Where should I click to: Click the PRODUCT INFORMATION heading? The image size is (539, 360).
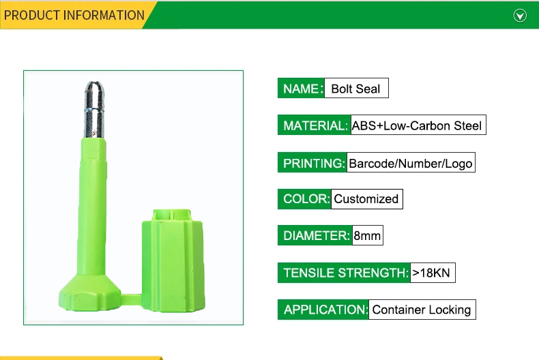tap(74, 16)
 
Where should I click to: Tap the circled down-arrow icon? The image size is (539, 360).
tap(520, 16)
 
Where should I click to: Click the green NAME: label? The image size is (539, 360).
tap(301, 88)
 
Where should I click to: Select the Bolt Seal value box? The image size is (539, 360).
tap(356, 88)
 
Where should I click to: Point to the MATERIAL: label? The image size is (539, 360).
tap(314, 125)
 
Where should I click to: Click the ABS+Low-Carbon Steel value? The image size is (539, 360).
tap(418, 125)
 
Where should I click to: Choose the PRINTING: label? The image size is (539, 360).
tap(312, 162)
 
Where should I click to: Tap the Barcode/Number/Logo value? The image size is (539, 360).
tap(411, 162)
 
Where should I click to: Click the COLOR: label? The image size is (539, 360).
tap(304, 199)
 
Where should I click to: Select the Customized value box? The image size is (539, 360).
tap(367, 199)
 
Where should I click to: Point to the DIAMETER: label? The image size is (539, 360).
tap(315, 236)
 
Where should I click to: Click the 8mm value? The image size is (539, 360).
tap(368, 236)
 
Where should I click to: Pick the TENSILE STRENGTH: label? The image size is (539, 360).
tap(344, 273)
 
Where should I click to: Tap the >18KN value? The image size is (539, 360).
tap(433, 273)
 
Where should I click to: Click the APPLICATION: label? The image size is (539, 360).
tap(323, 310)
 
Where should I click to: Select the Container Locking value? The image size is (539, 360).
tap(422, 310)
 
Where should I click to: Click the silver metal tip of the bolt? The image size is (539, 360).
tap(94, 110)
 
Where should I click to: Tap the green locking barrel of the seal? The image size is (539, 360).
tap(173, 260)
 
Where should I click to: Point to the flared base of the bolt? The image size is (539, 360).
tap(89, 293)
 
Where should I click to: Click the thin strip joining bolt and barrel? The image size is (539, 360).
tap(131, 299)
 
